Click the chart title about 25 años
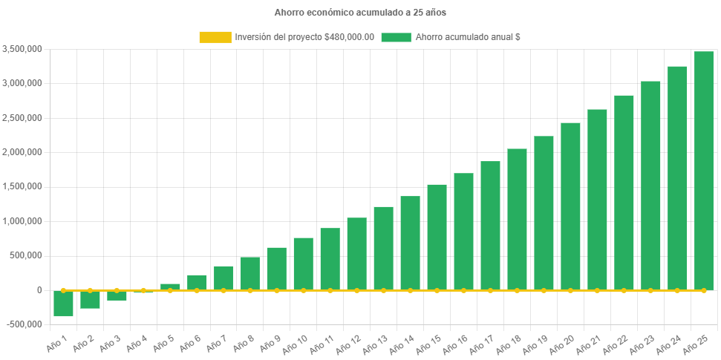pos(360,13)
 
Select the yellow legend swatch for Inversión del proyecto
pos(215,37)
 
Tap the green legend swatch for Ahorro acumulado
pos(396,37)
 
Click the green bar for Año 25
pos(703,171)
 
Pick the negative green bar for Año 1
pos(63,303)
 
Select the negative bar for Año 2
pos(90,299)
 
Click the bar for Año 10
pos(303,264)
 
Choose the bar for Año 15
pos(437,237)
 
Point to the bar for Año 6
pos(197,282)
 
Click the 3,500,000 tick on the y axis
pos(22,49)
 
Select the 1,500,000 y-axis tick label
pos(22,186)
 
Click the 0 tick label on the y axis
pos(39,290)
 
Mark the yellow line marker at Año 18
pos(517,290)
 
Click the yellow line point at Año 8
pos(250,290)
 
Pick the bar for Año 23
pos(650,186)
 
